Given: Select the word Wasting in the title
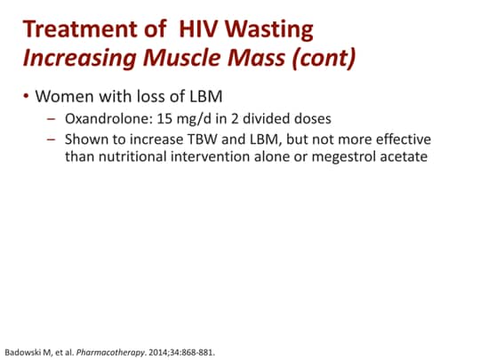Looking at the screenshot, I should click(273, 29).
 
